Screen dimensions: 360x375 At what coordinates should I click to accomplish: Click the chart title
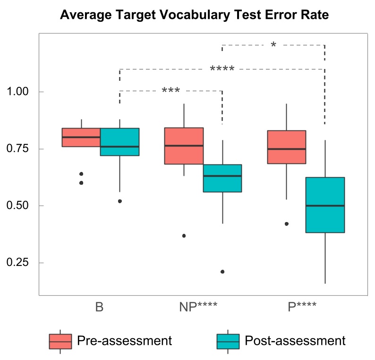coord(194,15)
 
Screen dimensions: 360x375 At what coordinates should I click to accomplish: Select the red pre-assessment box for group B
coord(81,137)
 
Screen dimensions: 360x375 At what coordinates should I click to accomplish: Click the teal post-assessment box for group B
coord(120,142)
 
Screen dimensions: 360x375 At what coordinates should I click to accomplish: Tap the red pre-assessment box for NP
coord(184,146)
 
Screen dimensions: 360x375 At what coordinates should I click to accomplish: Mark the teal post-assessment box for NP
coord(222,179)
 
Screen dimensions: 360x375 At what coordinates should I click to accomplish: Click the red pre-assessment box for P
coord(287,146)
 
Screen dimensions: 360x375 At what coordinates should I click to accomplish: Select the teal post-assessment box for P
coord(325,205)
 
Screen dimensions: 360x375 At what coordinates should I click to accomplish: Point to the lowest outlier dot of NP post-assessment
coord(222,272)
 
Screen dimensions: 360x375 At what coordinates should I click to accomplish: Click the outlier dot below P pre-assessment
coord(287,224)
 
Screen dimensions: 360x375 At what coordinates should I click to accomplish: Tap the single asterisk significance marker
coord(273,45)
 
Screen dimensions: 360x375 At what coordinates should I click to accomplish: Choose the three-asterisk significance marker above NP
coord(170,90)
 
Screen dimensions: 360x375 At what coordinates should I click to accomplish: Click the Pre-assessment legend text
coord(124,340)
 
